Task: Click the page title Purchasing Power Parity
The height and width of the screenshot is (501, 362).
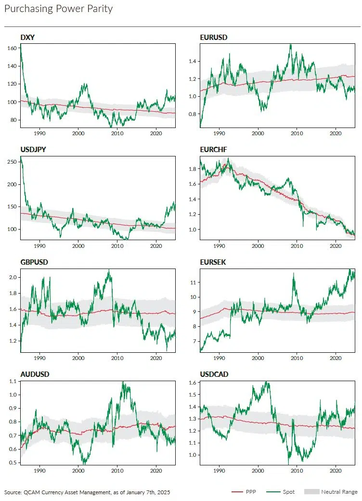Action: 58,9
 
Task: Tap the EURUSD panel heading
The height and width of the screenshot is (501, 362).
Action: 214,37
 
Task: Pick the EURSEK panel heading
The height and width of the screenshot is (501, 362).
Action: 213,262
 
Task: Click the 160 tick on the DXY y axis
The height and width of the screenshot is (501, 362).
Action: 13,48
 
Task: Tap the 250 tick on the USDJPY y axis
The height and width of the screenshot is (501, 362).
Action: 13,162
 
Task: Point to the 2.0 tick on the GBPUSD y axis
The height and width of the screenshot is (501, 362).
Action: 13,277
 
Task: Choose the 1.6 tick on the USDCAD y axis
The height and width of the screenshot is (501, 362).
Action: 193,383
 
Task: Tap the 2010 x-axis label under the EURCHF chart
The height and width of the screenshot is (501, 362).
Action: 297,245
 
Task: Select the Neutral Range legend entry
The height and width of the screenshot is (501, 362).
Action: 339,492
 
